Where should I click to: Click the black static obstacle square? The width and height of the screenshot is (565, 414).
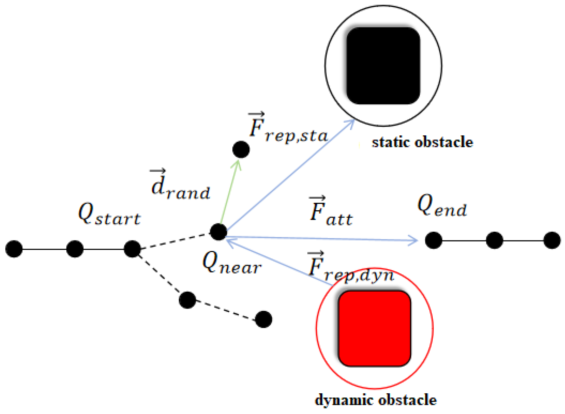tap(383, 66)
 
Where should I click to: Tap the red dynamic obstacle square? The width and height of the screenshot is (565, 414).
tap(374, 328)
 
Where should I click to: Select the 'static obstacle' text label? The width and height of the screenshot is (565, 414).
tap(422, 142)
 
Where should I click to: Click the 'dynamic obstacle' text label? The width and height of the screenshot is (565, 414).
tap(375, 400)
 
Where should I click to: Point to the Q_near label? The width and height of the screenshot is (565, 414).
tap(232, 264)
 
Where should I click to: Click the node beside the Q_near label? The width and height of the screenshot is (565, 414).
tap(218, 232)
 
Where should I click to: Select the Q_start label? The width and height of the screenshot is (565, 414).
tap(109, 215)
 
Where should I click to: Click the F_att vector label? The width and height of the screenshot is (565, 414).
tap(331, 211)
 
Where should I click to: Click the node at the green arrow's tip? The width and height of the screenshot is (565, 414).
tap(241, 150)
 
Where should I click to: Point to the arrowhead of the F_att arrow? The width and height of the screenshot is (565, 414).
tap(414, 240)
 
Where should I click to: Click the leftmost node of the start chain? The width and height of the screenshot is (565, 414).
tap(14, 249)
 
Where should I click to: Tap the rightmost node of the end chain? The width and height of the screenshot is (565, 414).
tap(552, 240)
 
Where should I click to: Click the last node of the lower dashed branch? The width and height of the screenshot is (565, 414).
tap(263, 319)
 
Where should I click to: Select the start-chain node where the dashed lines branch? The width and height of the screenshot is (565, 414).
tap(132, 249)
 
